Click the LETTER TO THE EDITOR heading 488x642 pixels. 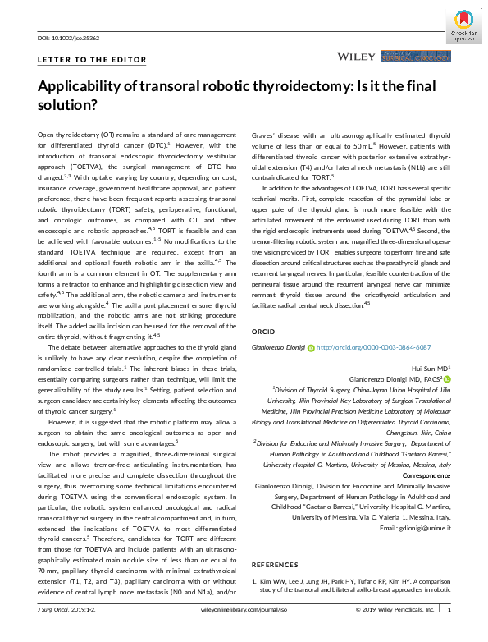92,60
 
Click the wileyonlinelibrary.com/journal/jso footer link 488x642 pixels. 243,610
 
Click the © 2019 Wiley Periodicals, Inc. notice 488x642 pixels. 395,610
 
